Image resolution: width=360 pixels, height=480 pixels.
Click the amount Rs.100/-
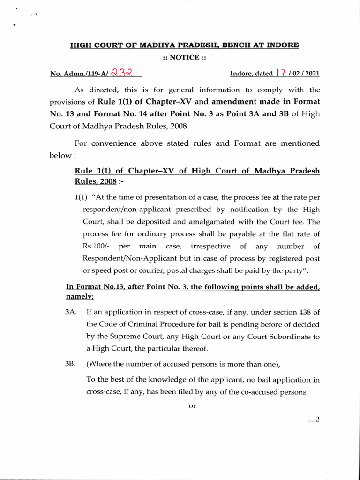89,246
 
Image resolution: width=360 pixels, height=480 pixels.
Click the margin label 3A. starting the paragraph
71,312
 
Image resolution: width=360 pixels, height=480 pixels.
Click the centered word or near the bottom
192,406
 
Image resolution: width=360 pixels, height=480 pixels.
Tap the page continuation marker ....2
312,420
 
